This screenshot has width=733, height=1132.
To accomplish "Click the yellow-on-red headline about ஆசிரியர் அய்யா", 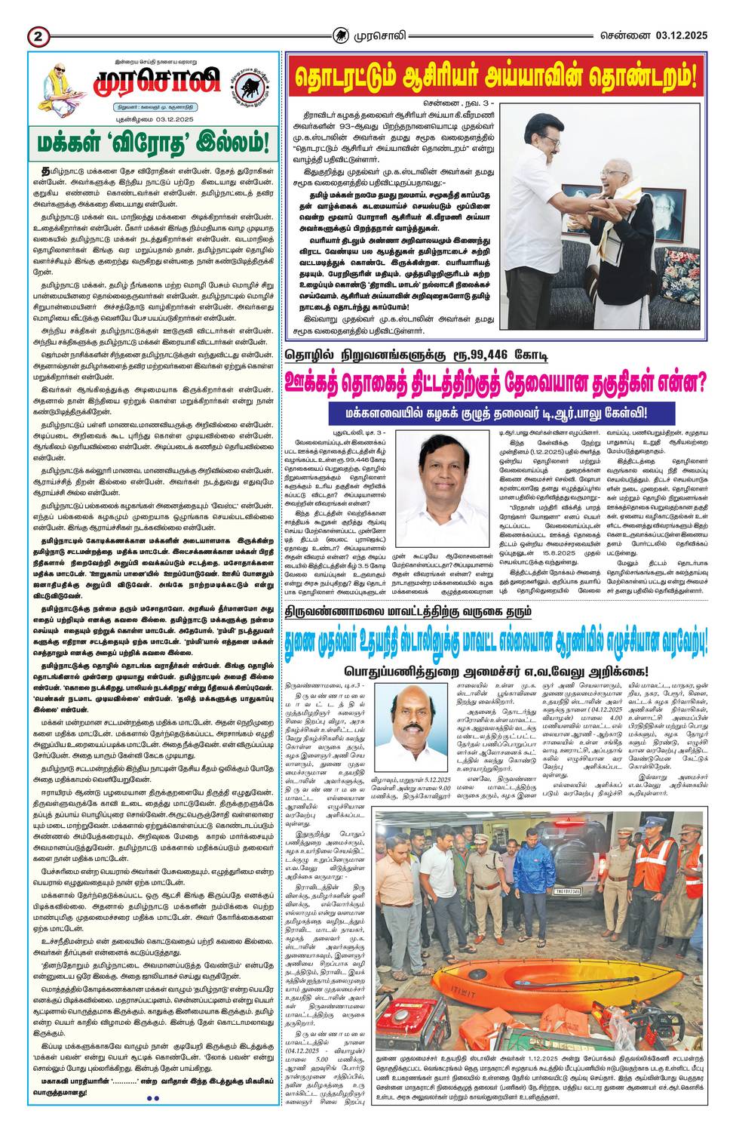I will pos(495,77).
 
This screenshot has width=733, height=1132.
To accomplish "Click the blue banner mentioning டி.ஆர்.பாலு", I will pos(496,413).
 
